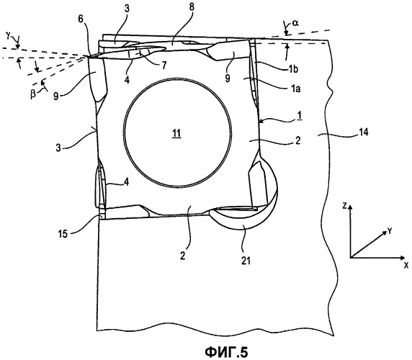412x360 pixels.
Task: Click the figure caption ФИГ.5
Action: (x=226, y=351)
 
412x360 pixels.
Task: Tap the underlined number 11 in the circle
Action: (x=176, y=134)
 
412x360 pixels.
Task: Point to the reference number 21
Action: (x=246, y=261)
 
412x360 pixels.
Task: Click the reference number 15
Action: (x=63, y=234)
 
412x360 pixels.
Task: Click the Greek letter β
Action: (x=33, y=94)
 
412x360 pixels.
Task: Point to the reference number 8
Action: (x=192, y=7)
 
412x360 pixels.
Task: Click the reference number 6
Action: (x=81, y=19)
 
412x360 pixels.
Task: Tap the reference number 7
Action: (x=164, y=66)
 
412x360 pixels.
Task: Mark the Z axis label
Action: (x=344, y=206)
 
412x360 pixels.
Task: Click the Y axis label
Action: (x=390, y=231)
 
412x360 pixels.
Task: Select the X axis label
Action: (x=406, y=265)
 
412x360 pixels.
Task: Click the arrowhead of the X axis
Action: (x=402, y=258)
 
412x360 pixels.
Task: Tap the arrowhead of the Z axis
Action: (x=350, y=207)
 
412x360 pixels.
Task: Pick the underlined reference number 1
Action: (x=298, y=115)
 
